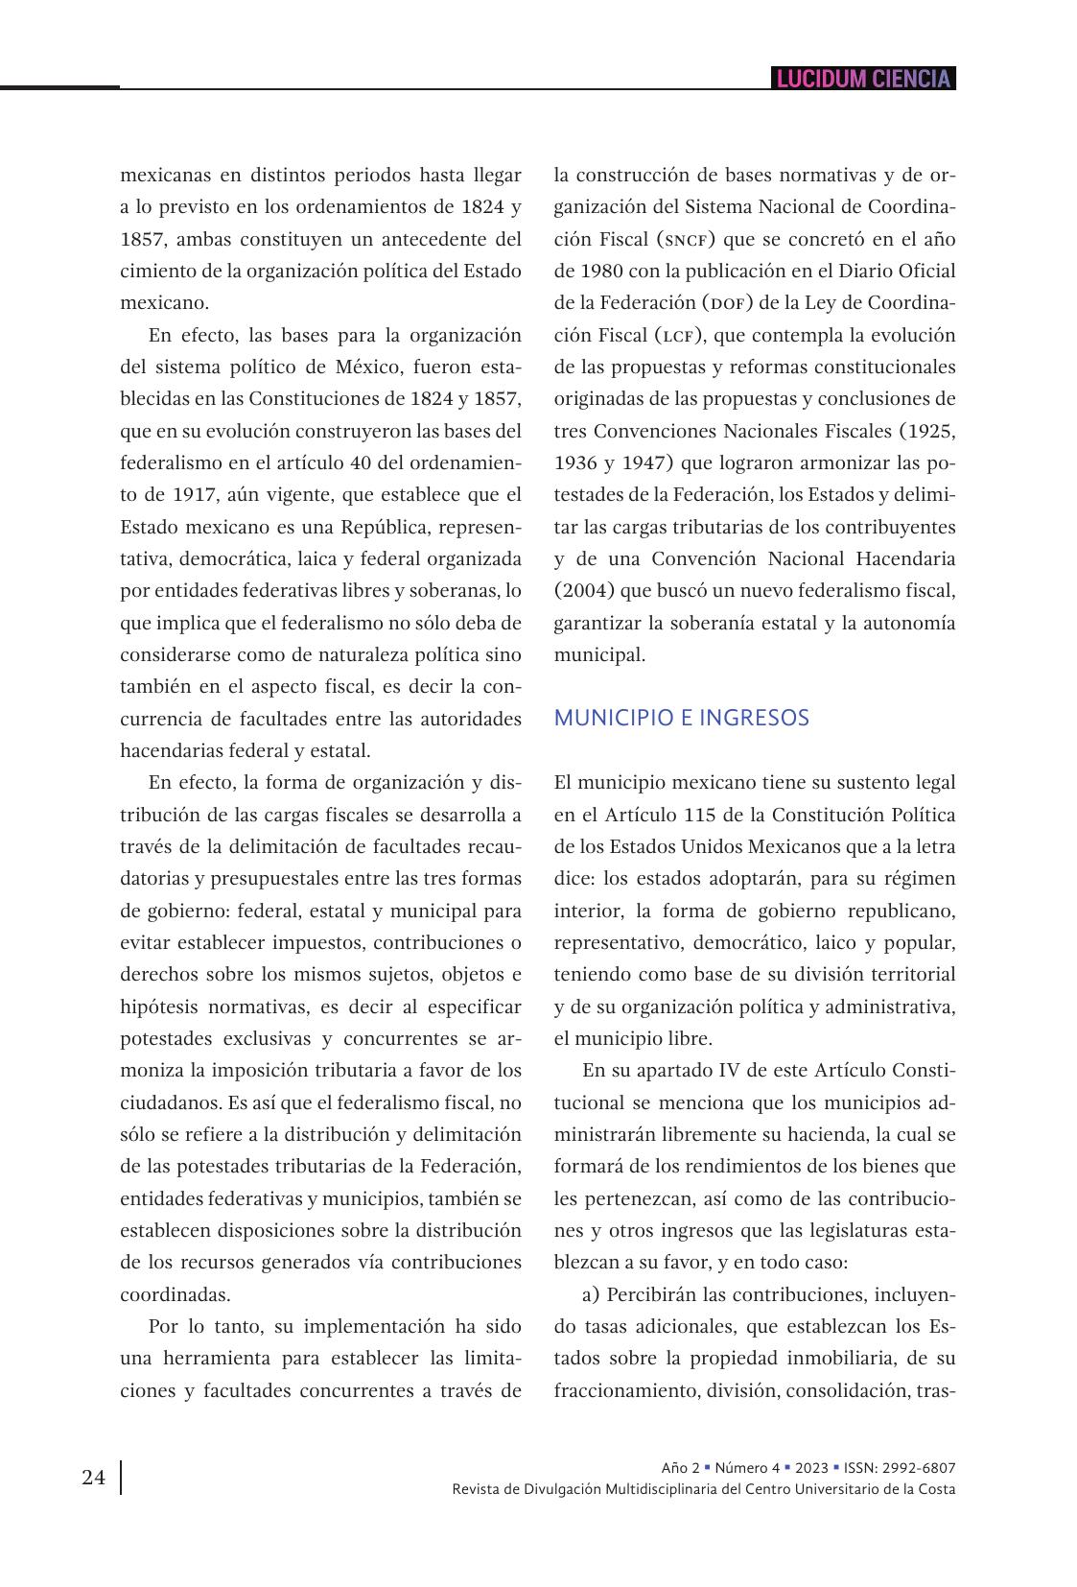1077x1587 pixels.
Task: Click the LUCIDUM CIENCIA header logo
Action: pos(863,79)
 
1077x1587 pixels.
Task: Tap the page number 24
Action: pos(94,1477)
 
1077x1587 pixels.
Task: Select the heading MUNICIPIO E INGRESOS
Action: pos(681,718)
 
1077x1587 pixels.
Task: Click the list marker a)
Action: pos(591,1294)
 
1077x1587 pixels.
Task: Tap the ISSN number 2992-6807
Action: pos(921,1468)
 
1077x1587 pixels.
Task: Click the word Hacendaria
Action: pos(903,559)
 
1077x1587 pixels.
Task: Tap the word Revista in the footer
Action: pos(476,1489)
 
